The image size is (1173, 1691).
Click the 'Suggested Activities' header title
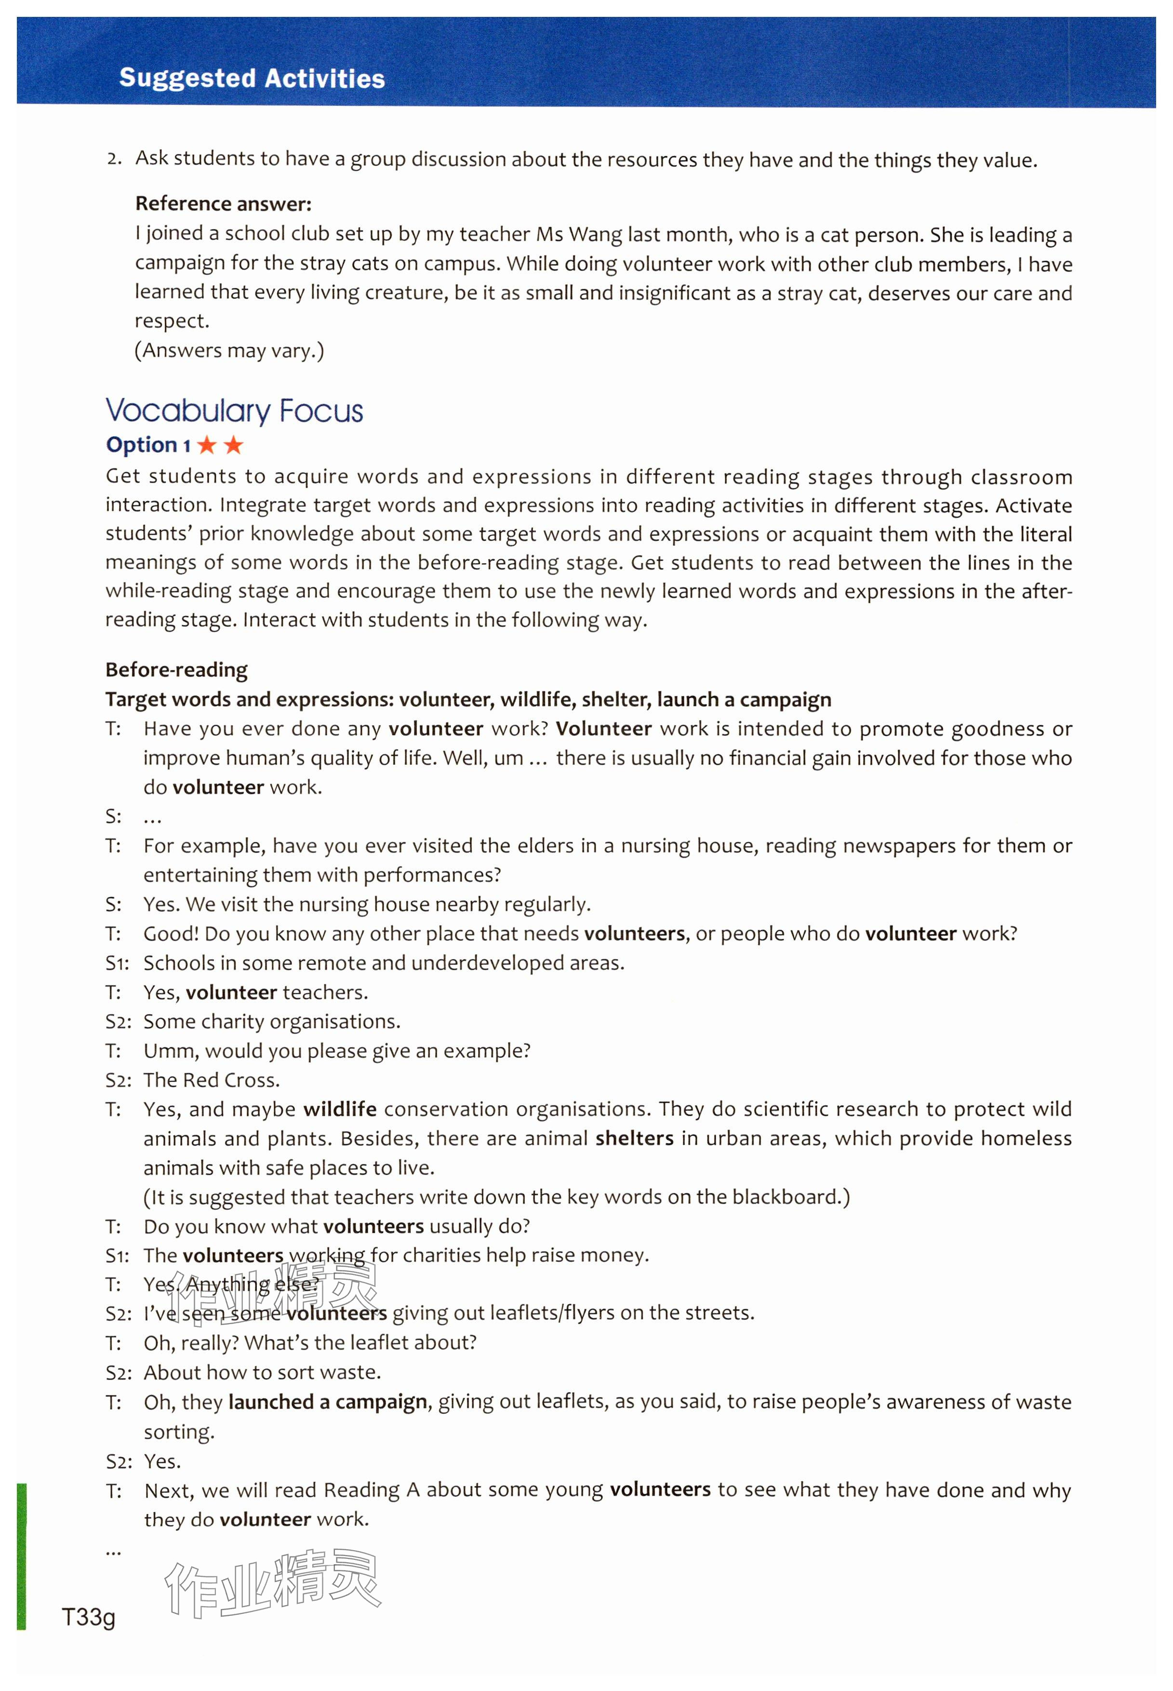[252, 78]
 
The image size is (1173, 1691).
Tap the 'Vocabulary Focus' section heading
[234, 411]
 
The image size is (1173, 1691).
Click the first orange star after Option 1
[207, 445]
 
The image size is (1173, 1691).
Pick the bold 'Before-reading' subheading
[176, 670]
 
